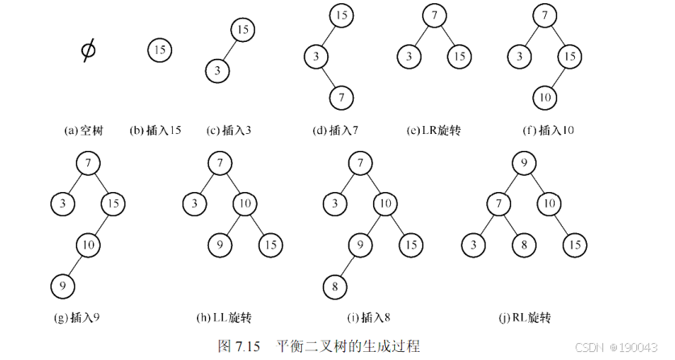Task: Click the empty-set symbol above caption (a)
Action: click(x=87, y=51)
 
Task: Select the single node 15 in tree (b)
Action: click(x=159, y=50)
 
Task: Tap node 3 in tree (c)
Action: click(x=216, y=70)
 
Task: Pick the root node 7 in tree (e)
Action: click(x=434, y=16)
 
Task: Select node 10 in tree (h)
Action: click(x=246, y=203)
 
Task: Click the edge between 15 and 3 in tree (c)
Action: click(x=229, y=50)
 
